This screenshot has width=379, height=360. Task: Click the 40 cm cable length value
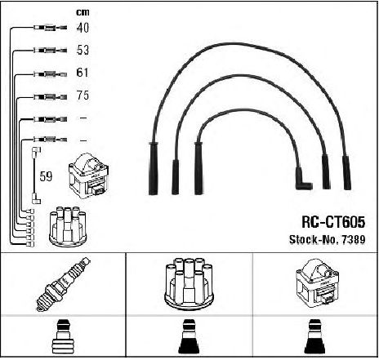pos(82,28)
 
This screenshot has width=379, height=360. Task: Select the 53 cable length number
pos(82,50)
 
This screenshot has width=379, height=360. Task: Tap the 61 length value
pos(82,73)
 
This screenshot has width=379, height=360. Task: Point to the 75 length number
pos(82,96)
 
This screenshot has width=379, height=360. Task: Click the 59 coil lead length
pos(46,176)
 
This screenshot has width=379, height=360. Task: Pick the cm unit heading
pos(82,12)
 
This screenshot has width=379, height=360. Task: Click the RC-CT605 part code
pos(333,222)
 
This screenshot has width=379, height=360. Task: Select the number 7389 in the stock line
pos(354,239)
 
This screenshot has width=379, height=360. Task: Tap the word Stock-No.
pos(314,239)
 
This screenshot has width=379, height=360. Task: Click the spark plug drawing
pos(63,284)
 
